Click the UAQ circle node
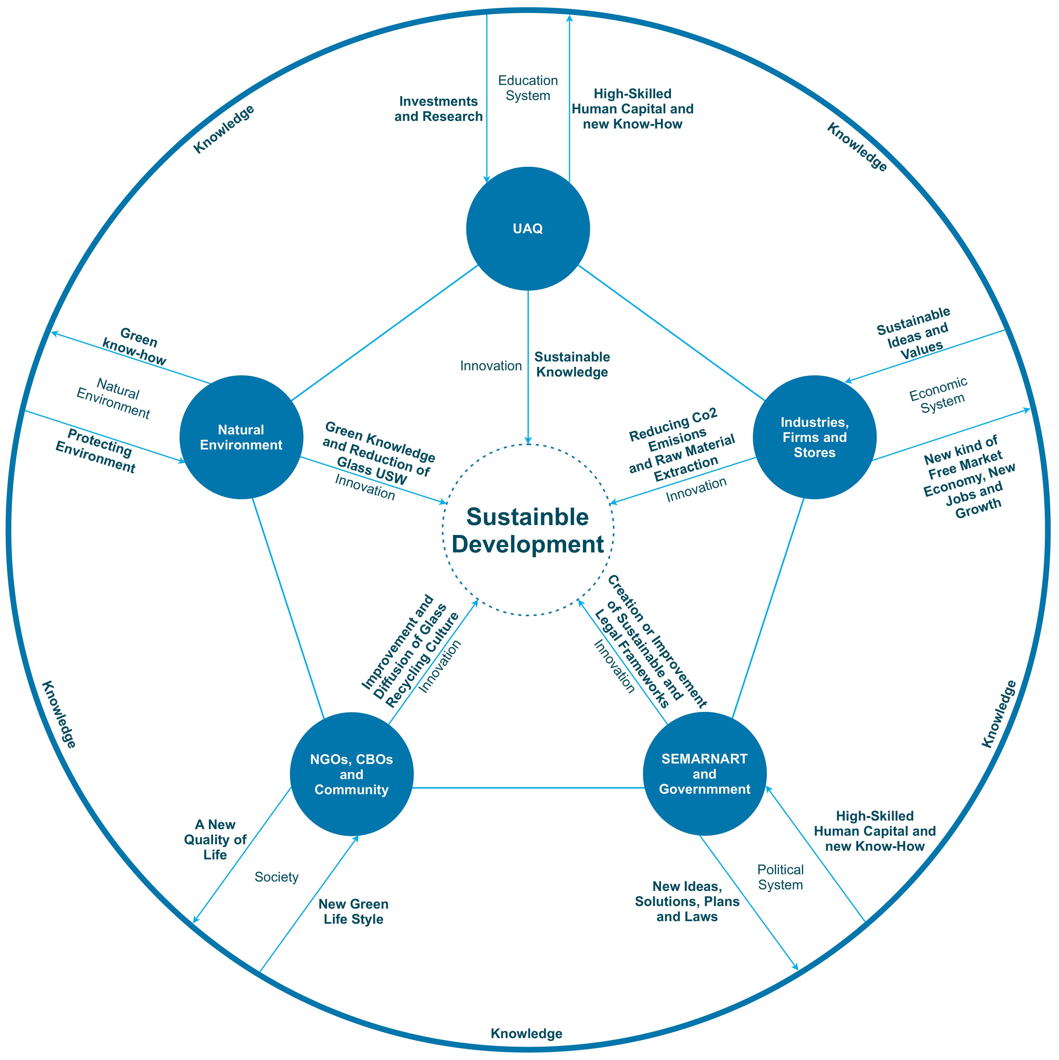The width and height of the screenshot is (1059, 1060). click(x=528, y=228)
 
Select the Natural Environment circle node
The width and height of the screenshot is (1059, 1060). click(x=241, y=437)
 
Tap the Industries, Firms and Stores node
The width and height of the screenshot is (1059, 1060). click(x=814, y=437)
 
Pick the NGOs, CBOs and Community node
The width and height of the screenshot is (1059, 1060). click(x=351, y=774)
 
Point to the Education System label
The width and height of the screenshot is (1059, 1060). click(x=528, y=88)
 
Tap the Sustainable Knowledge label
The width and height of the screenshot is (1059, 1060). click(x=572, y=364)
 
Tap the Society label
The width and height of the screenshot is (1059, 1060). click(x=276, y=877)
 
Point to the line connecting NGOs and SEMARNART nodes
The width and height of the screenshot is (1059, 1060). click(x=528, y=788)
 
